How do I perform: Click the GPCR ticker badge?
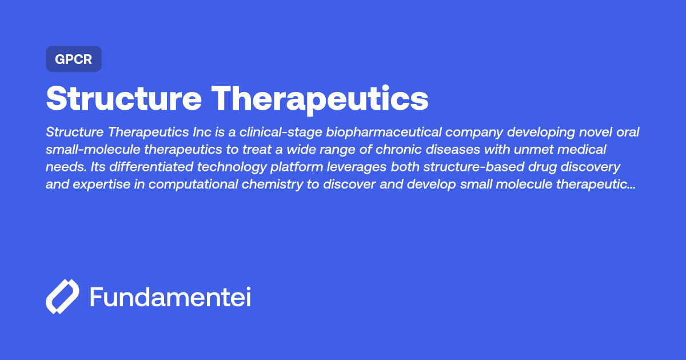[x=73, y=59]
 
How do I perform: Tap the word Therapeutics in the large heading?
[x=321, y=99]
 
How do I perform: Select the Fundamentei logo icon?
[x=62, y=297]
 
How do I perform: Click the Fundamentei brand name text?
[x=170, y=297]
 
